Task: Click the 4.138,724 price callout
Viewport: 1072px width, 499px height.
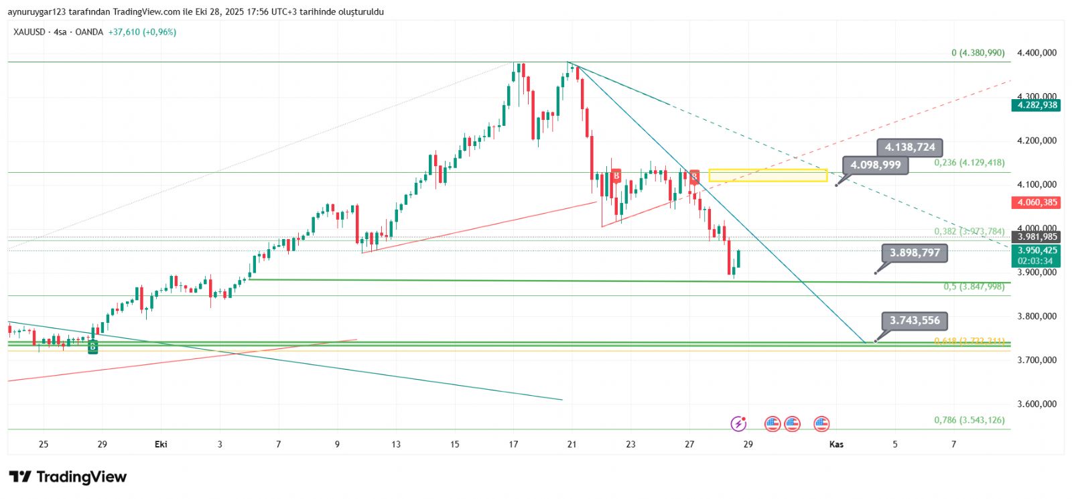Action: (x=910, y=147)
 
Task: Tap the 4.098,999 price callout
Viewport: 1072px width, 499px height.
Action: (x=876, y=165)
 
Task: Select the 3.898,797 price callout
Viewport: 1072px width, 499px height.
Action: (x=915, y=253)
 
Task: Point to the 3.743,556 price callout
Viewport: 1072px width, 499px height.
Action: (x=915, y=320)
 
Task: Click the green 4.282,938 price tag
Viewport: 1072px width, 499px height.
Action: (x=1036, y=105)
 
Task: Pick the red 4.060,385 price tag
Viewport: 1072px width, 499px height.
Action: (x=1036, y=202)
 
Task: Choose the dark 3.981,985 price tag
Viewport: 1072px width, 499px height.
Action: (x=1036, y=236)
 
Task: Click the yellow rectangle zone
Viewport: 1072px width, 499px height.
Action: (x=768, y=175)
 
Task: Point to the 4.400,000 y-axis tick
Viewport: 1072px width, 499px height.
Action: (x=1036, y=53)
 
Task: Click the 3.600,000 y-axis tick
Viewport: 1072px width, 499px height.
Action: (x=1036, y=404)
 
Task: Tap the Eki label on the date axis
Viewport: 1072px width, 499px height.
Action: (x=161, y=444)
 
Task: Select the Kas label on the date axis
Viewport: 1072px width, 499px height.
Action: (x=836, y=444)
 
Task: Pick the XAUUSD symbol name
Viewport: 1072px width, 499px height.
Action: (x=29, y=32)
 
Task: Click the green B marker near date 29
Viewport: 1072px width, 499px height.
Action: (x=93, y=347)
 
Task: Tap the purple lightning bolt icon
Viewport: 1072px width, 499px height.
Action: (x=738, y=423)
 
